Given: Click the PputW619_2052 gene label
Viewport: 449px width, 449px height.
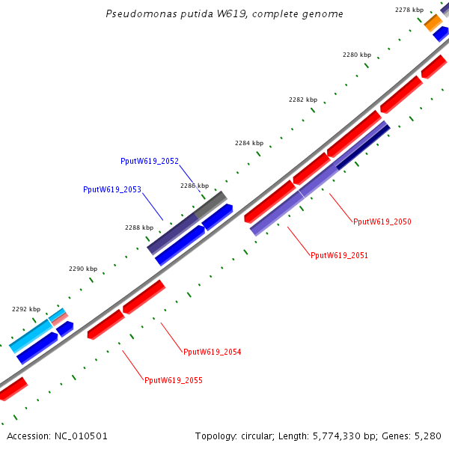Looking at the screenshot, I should pyautogui.click(x=149, y=161).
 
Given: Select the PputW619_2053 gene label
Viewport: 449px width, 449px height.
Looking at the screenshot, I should pyautogui.click(x=112, y=190).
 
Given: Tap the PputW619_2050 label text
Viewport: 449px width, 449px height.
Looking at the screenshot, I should pyautogui.click(x=382, y=222).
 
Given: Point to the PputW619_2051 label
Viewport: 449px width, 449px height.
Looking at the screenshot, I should pyautogui.click(x=339, y=255).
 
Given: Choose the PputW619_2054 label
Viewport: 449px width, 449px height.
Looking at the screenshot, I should pyautogui.click(x=213, y=352).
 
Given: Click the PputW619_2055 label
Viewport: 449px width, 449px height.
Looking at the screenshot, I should pyautogui.click(x=173, y=380).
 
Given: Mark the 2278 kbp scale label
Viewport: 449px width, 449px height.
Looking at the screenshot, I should pyautogui.click(x=409, y=10).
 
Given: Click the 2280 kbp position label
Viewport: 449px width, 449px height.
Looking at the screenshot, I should pyautogui.click(x=357, y=55).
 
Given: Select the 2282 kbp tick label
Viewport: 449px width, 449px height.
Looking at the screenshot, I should pyautogui.click(x=303, y=100).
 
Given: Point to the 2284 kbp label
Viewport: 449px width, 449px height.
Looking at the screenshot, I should pyautogui.click(x=249, y=143).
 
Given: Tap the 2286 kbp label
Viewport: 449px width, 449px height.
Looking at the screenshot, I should pyautogui.click(x=195, y=186).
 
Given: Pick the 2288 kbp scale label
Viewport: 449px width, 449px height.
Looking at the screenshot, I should pyautogui.click(x=139, y=227).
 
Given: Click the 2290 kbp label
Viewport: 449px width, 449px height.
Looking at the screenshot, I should pyautogui.click(x=83, y=269).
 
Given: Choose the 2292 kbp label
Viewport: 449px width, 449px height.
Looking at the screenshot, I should pyautogui.click(x=26, y=309).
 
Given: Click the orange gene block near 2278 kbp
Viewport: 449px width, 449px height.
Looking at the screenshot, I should pyautogui.click(x=433, y=23).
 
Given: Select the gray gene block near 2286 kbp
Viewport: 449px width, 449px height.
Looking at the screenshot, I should pyautogui.click(x=211, y=204).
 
